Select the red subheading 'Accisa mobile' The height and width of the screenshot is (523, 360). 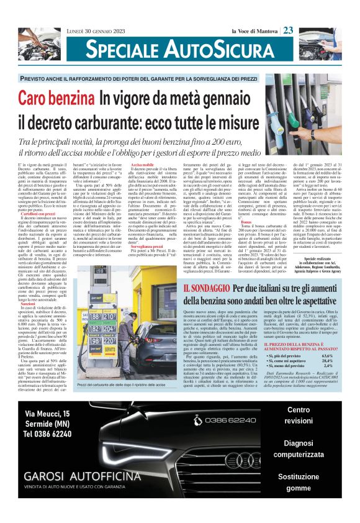[x=143, y=165]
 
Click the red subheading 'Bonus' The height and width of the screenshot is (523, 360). [x=247, y=222]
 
